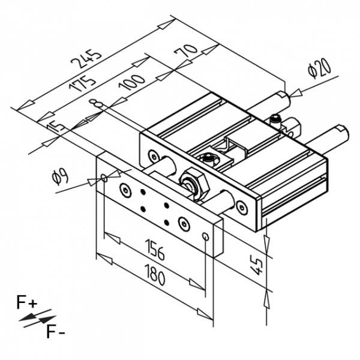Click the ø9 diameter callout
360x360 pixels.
(x=59, y=177)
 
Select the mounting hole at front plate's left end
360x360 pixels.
(x=104, y=178)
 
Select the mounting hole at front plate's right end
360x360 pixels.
(x=206, y=236)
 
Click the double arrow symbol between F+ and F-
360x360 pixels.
(x=37, y=317)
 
